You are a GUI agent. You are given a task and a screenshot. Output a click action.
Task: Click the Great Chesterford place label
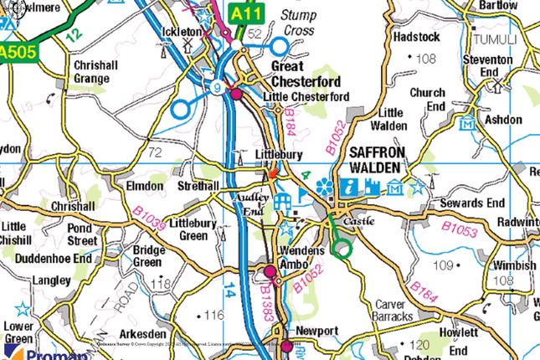[305, 74]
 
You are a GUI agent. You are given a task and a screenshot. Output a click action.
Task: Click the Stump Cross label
[297, 23]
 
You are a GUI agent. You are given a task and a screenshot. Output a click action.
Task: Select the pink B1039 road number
[147, 221]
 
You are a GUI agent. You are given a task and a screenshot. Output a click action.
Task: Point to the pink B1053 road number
[460, 227]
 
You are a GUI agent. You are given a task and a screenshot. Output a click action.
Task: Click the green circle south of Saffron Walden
[341, 249]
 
